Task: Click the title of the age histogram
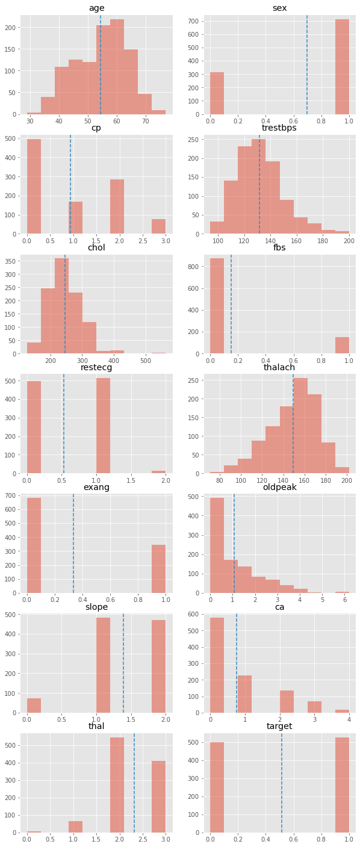(96, 8)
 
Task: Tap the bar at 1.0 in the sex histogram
(342, 67)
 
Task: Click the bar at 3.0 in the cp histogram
(158, 226)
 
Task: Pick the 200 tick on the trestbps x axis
(349, 241)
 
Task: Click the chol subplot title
(96, 247)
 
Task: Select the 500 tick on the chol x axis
(145, 361)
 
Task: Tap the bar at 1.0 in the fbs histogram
(342, 345)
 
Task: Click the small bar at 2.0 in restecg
(158, 472)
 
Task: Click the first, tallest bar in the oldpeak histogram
(217, 545)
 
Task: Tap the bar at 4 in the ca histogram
(342, 711)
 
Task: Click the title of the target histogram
(279, 726)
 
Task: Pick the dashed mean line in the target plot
(282, 783)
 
